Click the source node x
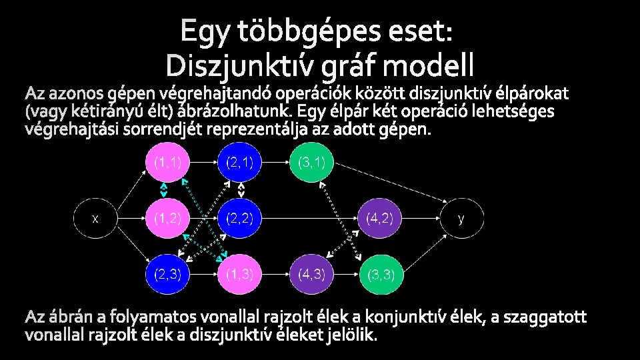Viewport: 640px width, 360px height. tap(95, 218)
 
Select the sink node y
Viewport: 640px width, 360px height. tap(461, 218)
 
